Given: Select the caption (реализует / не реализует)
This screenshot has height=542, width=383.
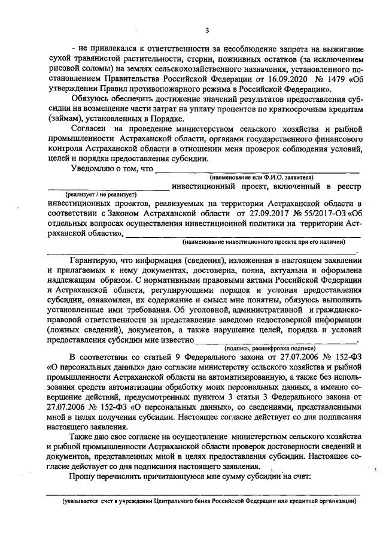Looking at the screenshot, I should [x=102, y=195].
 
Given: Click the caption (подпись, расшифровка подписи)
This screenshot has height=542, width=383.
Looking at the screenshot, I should [x=263, y=347].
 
